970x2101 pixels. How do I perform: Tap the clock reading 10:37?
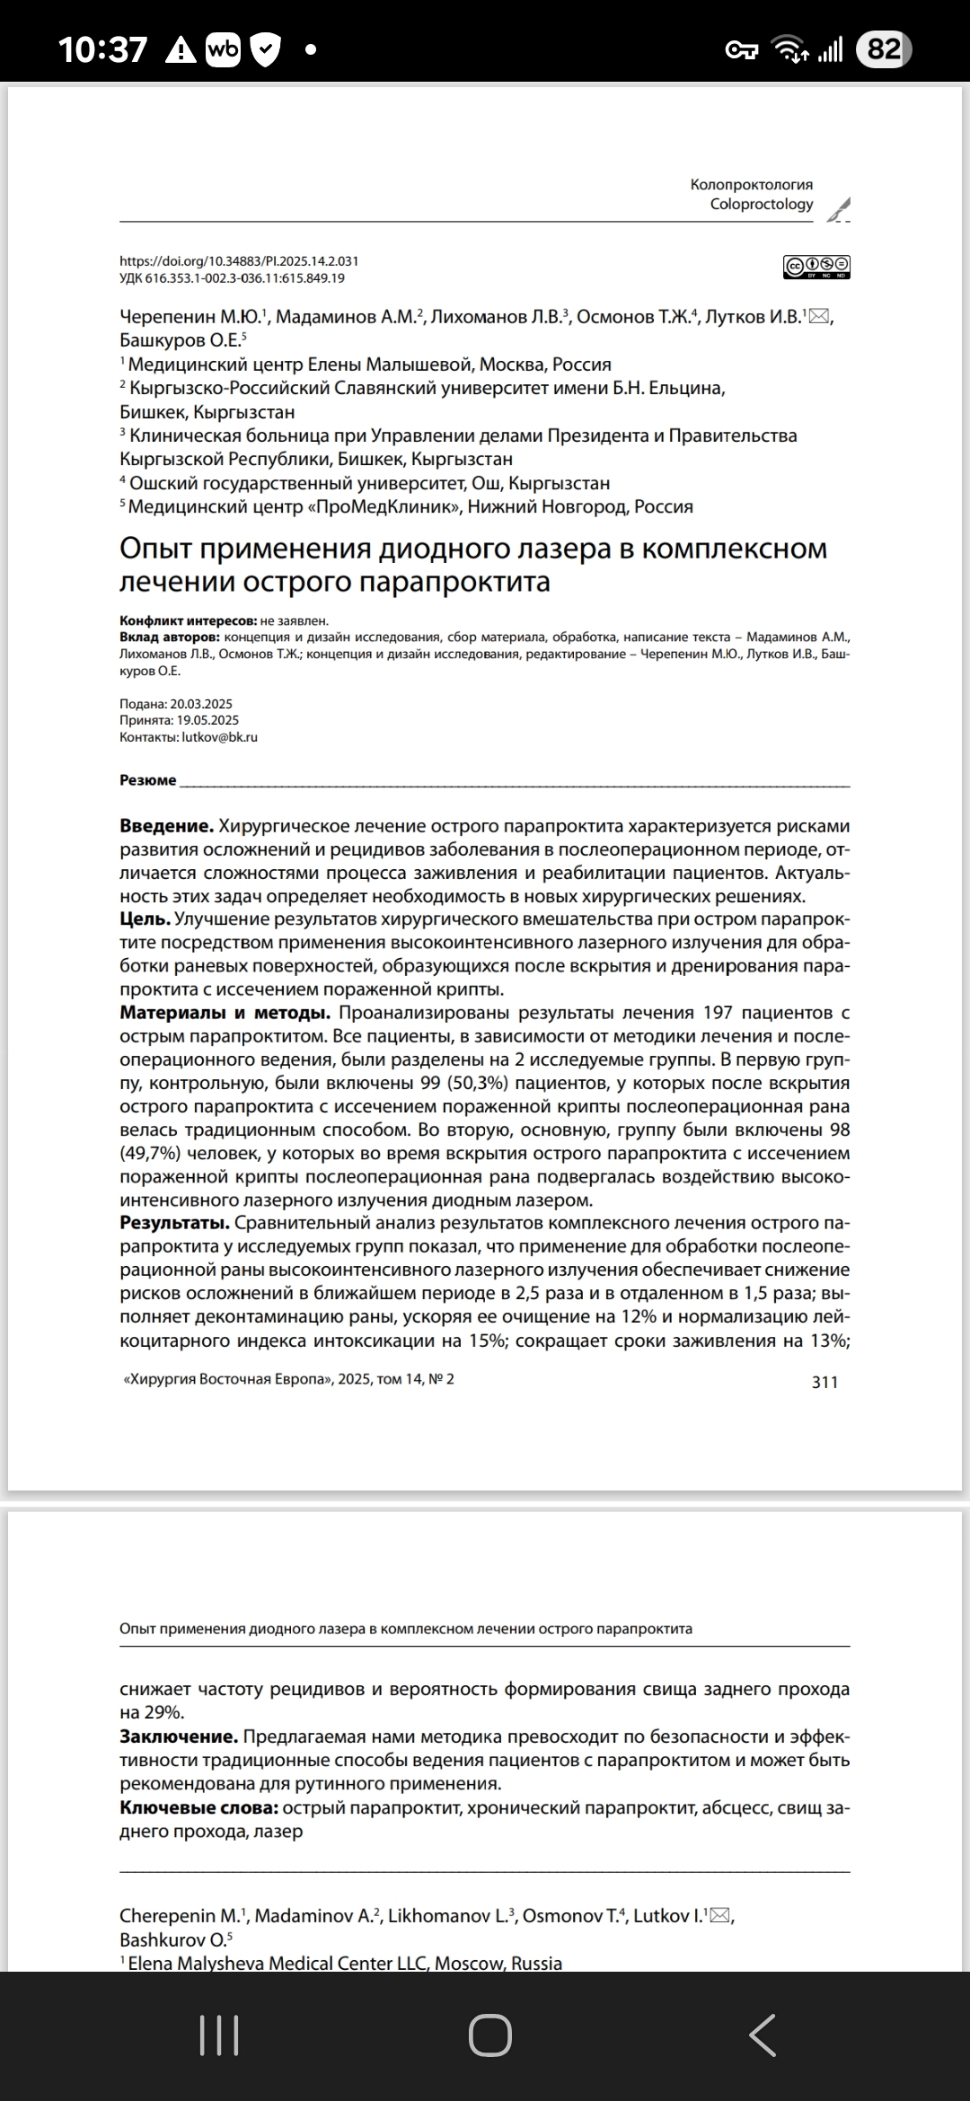point(103,49)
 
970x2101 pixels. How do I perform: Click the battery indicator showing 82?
point(884,49)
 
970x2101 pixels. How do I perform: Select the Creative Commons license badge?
point(816,267)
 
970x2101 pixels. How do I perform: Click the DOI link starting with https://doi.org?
point(239,261)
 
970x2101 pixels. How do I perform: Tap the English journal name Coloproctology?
point(762,205)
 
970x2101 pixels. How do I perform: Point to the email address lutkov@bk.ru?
point(220,737)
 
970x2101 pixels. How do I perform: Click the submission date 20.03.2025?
point(204,704)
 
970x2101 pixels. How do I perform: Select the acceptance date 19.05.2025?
point(207,720)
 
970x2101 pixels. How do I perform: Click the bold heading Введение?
point(166,826)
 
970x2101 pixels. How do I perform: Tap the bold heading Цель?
point(145,919)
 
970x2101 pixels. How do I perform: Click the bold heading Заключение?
point(179,1736)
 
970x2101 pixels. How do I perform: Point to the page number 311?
point(824,1383)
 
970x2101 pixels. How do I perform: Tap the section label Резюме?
point(148,780)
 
